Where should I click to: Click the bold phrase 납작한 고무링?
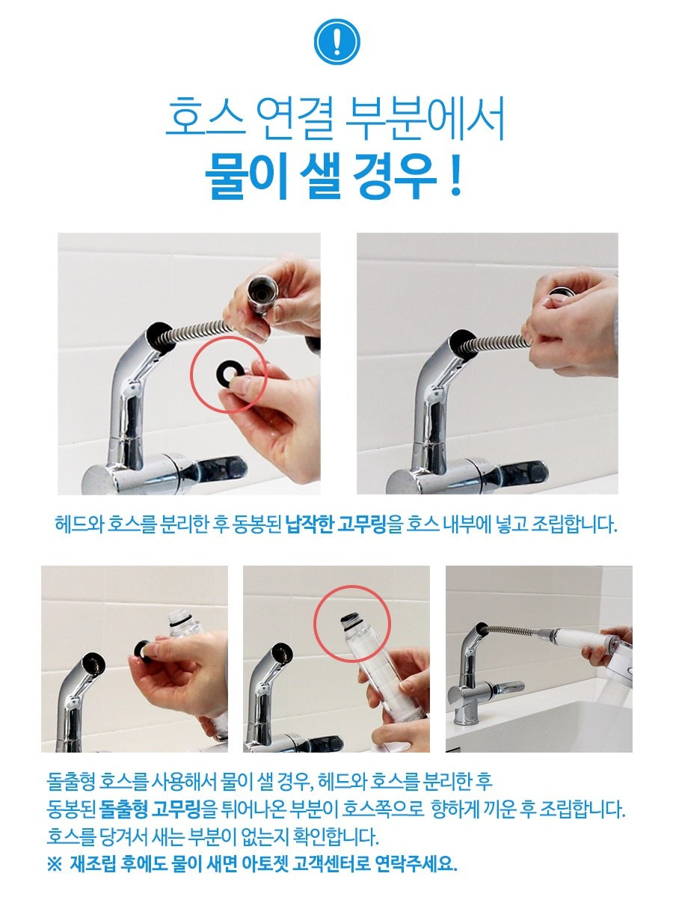(336, 523)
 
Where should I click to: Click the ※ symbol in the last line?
(55, 864)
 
